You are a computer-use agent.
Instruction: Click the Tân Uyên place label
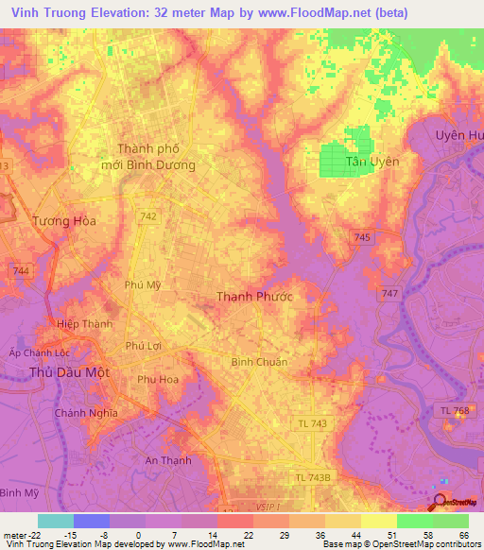(372, 162)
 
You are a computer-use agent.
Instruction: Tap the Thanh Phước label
(254, 297)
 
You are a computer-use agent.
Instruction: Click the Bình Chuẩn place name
(259, 362)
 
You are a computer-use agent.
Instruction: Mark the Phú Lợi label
(144, 346)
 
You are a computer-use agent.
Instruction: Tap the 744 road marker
(21, 271)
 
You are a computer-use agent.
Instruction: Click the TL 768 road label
(456, 409)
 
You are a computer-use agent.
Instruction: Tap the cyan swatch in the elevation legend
(55, 521)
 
